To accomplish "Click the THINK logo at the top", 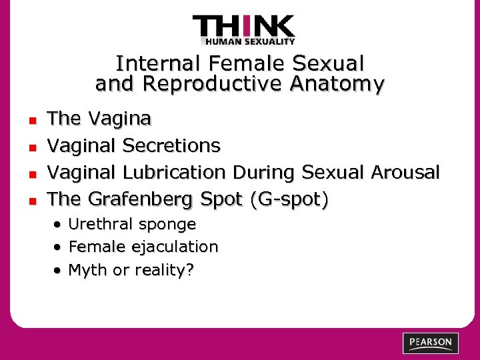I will pyautogui.click(x=243, y=27).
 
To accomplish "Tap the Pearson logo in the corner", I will pyautogui.click(x=431, y=343).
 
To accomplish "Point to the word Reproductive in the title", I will pyautogui.click(x=219, y=84).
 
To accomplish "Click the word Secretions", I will pyautogui.click(x=171, y=145).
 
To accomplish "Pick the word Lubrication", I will pyautogui.click(x=175, y=172).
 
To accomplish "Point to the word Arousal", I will pyautogui.click(x=405, y=172).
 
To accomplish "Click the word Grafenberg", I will pyautogui.click(x=139, y=199).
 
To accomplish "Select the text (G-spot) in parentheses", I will pyautogui.click(x=289, y=199).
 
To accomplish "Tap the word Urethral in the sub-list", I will pyautogui.click(x=97, y=224).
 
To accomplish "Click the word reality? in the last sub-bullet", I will pyautogui.click(x=163, y=271).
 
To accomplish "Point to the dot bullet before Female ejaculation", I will pyautogui.click(x=60, y=247).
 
